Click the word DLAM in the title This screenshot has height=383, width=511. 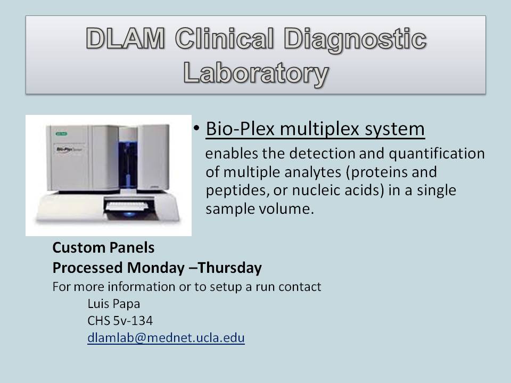126,38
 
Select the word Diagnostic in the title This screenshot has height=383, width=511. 355,40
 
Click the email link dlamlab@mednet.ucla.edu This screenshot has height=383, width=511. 166,338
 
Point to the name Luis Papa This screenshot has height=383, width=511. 114,304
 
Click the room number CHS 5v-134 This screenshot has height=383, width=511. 120,321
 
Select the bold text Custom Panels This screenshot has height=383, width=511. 103,247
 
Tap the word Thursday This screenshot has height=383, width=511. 229,268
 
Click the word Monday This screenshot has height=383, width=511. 156,268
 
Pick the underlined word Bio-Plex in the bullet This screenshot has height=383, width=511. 240,128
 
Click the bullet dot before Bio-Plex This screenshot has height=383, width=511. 196,128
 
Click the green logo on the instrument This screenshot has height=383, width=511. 61,134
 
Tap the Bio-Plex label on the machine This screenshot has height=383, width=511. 69,149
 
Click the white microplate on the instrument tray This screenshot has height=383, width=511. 127,206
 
